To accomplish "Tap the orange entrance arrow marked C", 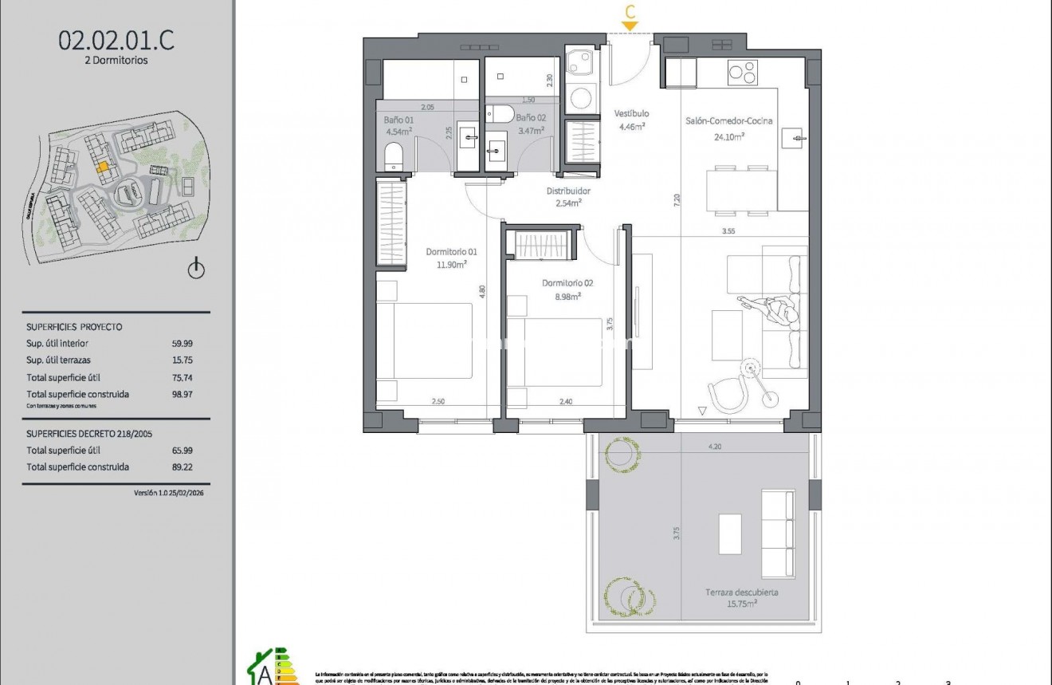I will (x=630, y=26).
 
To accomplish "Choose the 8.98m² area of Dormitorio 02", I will (x=567, y=296).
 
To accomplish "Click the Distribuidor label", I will (x=567, y=191).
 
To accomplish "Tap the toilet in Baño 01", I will (x=394, y=156).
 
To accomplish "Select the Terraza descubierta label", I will (x=741, y=592).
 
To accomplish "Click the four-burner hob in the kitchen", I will (x=742, y=73).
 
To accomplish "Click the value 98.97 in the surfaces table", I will (x=183, y=394).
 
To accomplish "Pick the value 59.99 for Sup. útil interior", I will (x=183, y=344).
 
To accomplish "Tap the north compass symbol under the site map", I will (x=196, y=270).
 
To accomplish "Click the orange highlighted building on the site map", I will (x=102, y=167).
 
